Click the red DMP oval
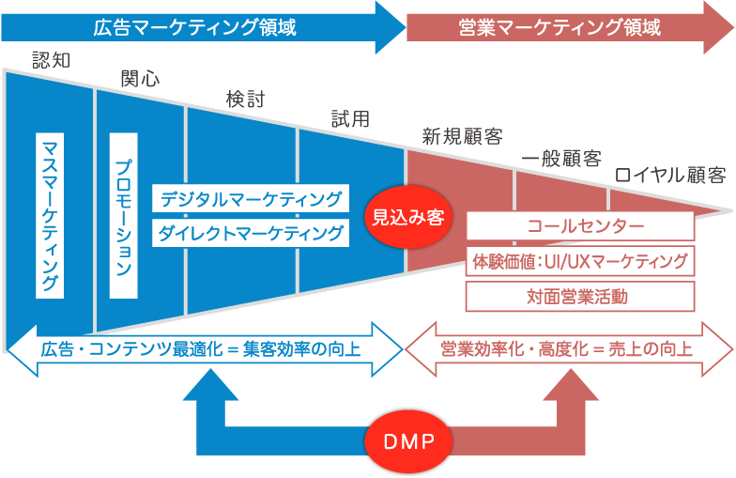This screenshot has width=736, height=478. [x=408, y=440]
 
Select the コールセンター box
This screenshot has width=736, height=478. [x=580, y=226]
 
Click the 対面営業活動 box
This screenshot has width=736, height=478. [x=580, y=297]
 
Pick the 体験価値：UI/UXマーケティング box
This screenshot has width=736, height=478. [x=580, y=261]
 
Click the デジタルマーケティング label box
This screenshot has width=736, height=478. [x=250, y=198]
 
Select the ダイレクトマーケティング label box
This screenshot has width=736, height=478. [x=250, y=232]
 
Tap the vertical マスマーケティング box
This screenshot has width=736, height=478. [x=50, y=215]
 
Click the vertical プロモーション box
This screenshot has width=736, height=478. [x=124, y=215]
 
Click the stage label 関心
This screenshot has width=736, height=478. [x=140, y=78]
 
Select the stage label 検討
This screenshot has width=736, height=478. [x=245, y=99]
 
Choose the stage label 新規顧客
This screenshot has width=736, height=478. [x=461, y=137]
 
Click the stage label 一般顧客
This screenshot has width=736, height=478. [x=561, y=158]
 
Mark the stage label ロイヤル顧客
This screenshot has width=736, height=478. [x=669, y=176]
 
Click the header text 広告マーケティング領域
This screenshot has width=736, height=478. [x=194, y=27]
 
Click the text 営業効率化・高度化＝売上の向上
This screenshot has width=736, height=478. [x=567, y=349]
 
